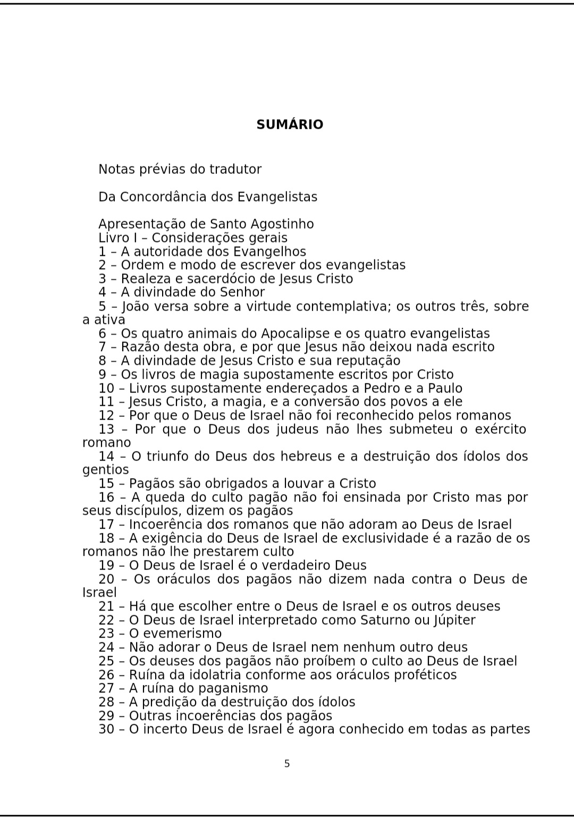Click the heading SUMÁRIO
coord(290,124)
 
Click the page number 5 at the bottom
coord(287,764)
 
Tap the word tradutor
coord(235,169)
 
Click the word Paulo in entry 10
coord(445,388)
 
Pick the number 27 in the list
coord(106,688)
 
